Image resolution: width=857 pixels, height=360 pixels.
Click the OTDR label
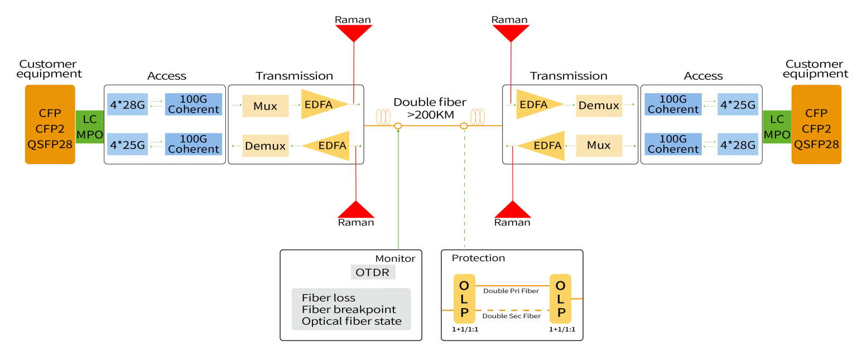373,272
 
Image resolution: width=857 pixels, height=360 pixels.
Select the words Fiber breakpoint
349,309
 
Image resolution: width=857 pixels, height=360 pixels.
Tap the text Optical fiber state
352,321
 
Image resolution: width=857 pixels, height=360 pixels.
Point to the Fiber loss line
328,297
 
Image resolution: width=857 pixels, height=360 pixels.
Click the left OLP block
464,299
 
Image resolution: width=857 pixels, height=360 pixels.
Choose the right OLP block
560,299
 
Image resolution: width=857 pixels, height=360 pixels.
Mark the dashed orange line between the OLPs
512,310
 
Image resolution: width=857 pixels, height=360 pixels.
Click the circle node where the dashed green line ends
464,126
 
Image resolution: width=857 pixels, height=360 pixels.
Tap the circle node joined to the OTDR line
398,126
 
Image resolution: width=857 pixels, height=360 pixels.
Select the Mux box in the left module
265,105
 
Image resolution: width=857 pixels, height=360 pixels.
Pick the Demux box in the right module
599,105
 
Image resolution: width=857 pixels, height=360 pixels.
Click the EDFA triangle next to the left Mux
323,104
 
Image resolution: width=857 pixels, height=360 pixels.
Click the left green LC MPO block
89,127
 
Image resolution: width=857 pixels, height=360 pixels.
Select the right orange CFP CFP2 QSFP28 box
816,124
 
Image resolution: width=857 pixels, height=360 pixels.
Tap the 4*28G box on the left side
127,104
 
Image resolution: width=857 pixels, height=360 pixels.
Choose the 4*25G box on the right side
738,104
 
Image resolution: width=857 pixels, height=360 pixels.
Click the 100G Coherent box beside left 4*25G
193,144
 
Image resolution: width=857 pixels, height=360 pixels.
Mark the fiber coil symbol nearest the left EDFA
383,117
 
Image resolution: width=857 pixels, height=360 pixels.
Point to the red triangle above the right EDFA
511,33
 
